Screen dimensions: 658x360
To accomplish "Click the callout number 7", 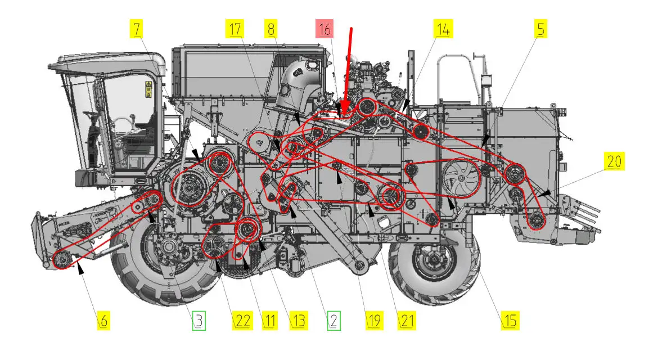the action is pos(137,29).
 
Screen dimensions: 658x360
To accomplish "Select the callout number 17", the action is pos(235,29).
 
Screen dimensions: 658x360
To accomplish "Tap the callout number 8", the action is pos(272,29).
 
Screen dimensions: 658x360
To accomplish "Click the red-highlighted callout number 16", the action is pos(325,29).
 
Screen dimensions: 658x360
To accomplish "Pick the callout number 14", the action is pos(443,29).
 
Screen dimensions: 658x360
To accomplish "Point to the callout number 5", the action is pos(540,29).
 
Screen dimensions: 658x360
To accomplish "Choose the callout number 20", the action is pos(614,161).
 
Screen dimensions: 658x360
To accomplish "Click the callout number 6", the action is pos(103,321).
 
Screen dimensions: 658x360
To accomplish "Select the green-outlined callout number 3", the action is pos(199,321).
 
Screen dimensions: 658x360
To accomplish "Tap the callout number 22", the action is pos(243,321).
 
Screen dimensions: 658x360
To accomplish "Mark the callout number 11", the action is pos(270,321).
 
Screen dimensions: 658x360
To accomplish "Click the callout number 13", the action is pos(299,321).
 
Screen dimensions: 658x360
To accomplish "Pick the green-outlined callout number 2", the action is pos(334,321).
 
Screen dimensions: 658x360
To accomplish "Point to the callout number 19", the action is pos(375,321).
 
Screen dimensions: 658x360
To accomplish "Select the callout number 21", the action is pos(407,321).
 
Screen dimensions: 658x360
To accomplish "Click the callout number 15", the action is pos(510,321).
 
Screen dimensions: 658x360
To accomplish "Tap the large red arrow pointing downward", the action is pos(348,71).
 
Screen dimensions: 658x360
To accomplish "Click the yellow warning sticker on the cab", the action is pos(148,89).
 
